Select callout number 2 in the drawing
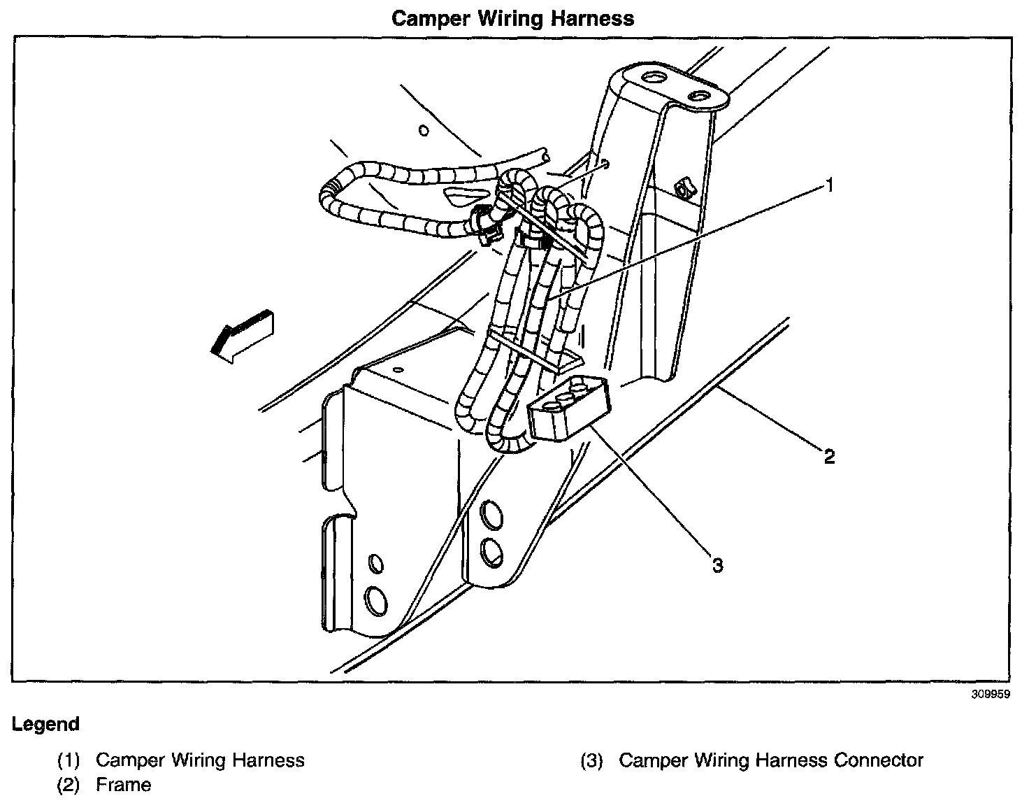click(829, 457)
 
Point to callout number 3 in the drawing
click(717, 564)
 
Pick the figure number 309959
click(991, 696)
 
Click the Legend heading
click(45, 724)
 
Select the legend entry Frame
click(123, 785)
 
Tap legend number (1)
click(69, 760)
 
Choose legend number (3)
click(593, 760)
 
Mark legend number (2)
click(69, 785)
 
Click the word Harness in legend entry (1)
click(270, 760)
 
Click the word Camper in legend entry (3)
click(651, 760)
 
